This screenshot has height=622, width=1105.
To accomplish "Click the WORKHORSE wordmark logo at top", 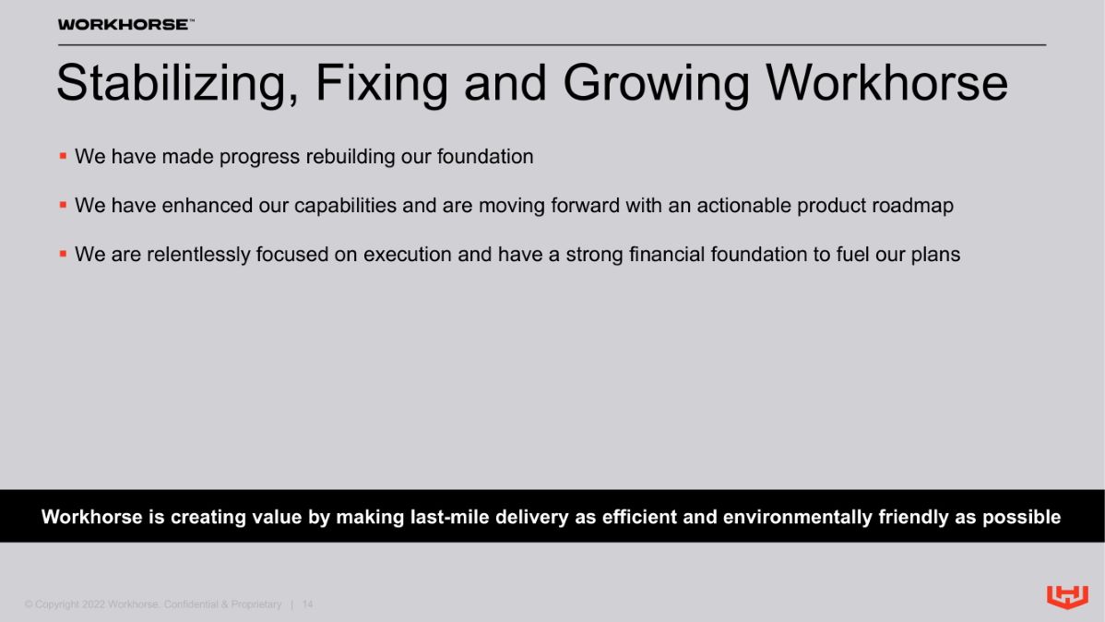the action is tap(125, 25).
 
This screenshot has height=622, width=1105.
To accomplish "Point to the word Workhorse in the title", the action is tap(886, 83).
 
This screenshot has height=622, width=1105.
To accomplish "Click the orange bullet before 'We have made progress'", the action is tap(63, 156).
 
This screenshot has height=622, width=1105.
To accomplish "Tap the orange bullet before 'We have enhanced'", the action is tap(63, 205).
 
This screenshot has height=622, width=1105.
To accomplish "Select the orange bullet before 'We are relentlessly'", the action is tap(63, 254).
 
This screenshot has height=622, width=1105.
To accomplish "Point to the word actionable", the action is tap(743, 205).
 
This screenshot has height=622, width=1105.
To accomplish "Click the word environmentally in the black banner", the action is tap(798, 518).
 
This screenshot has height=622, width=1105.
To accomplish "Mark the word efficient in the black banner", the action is tap(639, 517).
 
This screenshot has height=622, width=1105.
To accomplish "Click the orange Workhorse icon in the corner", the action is tap(1068, 596).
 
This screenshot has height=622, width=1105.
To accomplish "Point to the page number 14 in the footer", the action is tap(307, 604).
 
